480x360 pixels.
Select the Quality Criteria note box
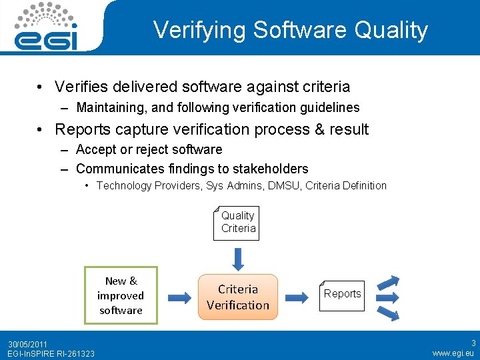pyautogui.click(x=238, y=223)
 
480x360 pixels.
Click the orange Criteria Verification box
pyautogui.click(x=238, y=297)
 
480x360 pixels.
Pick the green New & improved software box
pyautogui.click(x=121, y=295)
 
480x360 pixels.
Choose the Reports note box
pyautogui.click(x=342, y=294)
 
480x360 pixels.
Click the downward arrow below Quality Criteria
pyautogui.click(x=238, y=257)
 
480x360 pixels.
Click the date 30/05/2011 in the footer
pyautogui.click(x=27, y=344)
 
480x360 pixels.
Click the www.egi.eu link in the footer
pyautogui.click(x=453, y=353)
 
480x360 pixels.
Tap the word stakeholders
pyautogui.click(x=275, y=169)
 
